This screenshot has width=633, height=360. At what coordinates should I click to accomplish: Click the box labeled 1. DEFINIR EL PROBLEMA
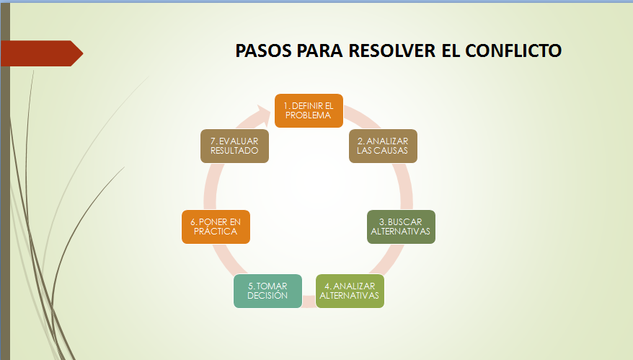tap(308, 110)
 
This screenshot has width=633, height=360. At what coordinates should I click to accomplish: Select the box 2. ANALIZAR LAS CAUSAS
tap(382, 146)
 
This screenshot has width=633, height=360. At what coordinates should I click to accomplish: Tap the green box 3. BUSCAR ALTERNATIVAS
tap(400, 227)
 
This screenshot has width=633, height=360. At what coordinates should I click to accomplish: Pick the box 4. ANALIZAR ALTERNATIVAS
tap(349, 291)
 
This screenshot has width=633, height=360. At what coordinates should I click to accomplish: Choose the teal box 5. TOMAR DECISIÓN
tap(267, 291)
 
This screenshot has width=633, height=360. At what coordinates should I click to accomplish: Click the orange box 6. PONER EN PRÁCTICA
tap(216, 227)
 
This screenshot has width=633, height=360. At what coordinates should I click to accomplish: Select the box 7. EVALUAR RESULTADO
tap(234, 146)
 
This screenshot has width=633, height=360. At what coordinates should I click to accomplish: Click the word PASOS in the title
tap(262, 51)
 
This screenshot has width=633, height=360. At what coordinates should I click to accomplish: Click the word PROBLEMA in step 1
tap(308, 115)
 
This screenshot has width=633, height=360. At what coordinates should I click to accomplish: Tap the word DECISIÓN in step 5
tap(267, 296)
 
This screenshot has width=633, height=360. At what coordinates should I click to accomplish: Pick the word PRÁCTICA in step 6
tap(216, 232)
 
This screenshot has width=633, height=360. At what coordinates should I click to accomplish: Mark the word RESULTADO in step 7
tap(234, 151)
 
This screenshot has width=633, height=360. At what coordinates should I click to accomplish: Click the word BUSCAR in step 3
tap(404, 221)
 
